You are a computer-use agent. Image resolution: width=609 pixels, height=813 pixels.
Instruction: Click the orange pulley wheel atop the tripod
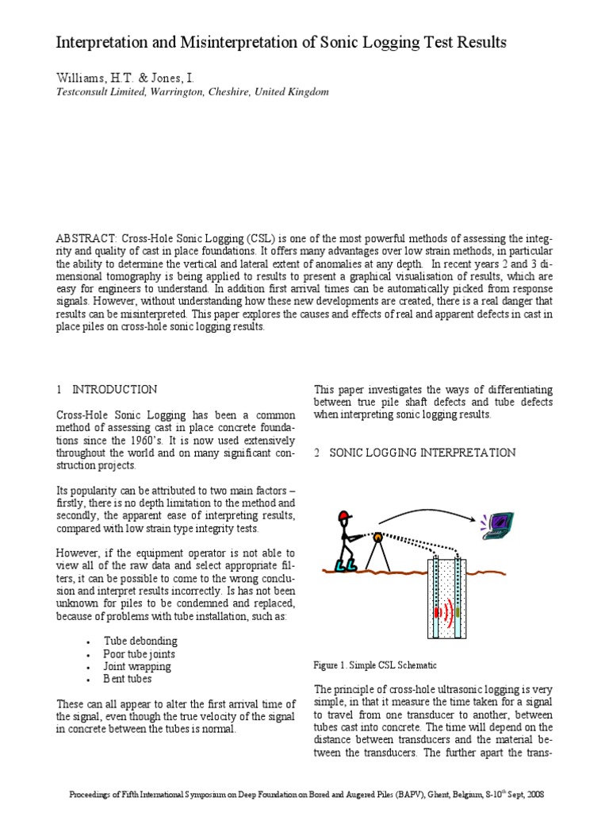pos(379,538)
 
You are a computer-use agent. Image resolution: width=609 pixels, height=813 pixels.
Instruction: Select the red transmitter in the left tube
pos(437,612)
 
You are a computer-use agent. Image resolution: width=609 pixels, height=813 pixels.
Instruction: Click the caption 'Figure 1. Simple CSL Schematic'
pos(375,665)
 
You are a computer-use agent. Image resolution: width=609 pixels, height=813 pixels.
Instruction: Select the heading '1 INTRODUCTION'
pos(106,389)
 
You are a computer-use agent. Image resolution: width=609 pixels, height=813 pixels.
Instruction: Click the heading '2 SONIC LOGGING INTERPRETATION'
pos(415,453)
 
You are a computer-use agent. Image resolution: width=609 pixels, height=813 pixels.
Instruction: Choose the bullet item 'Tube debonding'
pos(140,641)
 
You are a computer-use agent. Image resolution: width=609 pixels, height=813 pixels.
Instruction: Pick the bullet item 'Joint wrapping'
pos(137,666)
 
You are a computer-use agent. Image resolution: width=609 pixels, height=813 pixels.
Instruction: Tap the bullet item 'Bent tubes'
pos(128,679)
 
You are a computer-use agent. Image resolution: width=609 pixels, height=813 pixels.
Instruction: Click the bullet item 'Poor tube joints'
pos(140,653)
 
